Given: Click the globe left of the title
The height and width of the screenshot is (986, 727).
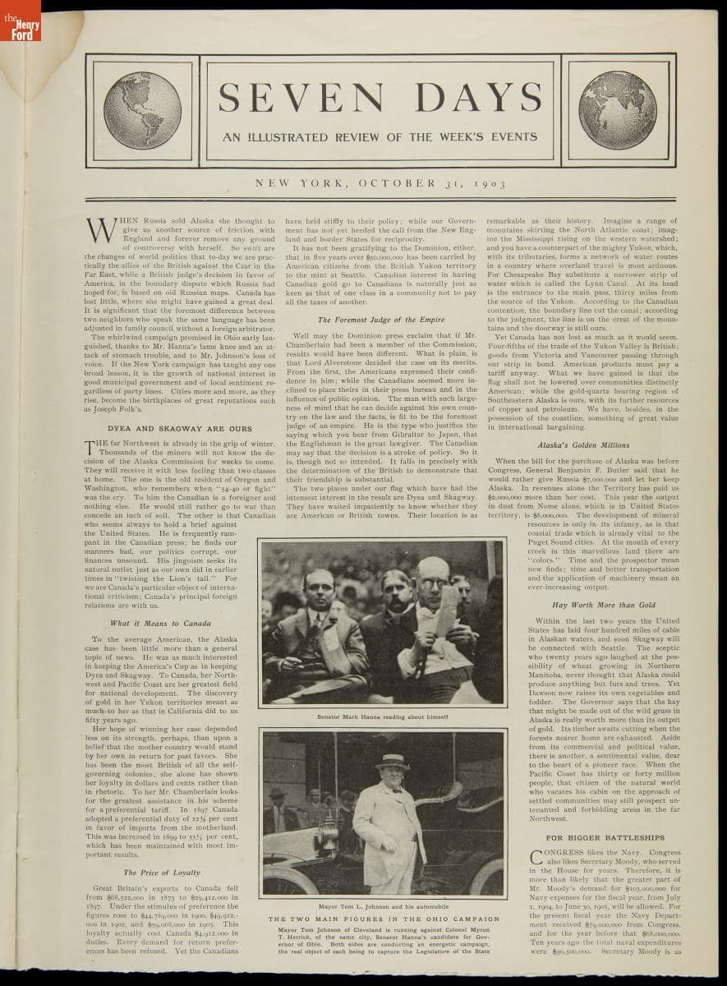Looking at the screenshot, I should pos(142,109).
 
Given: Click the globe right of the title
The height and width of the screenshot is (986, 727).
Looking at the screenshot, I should pos(617,109).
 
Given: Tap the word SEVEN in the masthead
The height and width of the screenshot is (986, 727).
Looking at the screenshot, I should pos(306,99).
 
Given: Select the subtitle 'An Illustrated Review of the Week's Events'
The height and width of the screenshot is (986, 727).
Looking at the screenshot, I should pos(380,137).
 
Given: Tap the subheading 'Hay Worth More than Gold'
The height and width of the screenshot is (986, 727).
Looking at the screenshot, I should pos(604,605).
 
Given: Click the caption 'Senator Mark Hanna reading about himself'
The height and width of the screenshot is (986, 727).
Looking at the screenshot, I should pos(382,716).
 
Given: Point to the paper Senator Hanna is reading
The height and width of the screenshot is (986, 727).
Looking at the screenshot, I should pos(446,608).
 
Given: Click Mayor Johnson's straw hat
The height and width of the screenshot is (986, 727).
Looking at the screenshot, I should pos(392,760).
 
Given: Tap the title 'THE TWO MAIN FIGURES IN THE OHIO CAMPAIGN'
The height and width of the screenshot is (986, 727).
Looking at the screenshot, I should pos(384,919).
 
